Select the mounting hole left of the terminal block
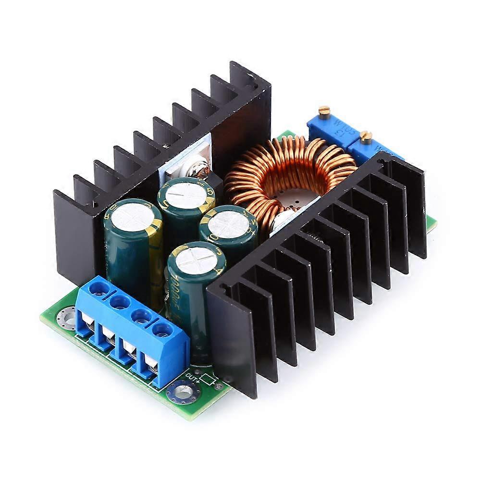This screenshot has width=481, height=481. coord(65,317)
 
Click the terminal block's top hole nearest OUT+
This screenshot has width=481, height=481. coord(163,330)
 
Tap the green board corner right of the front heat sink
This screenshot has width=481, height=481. coord(432,222)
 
